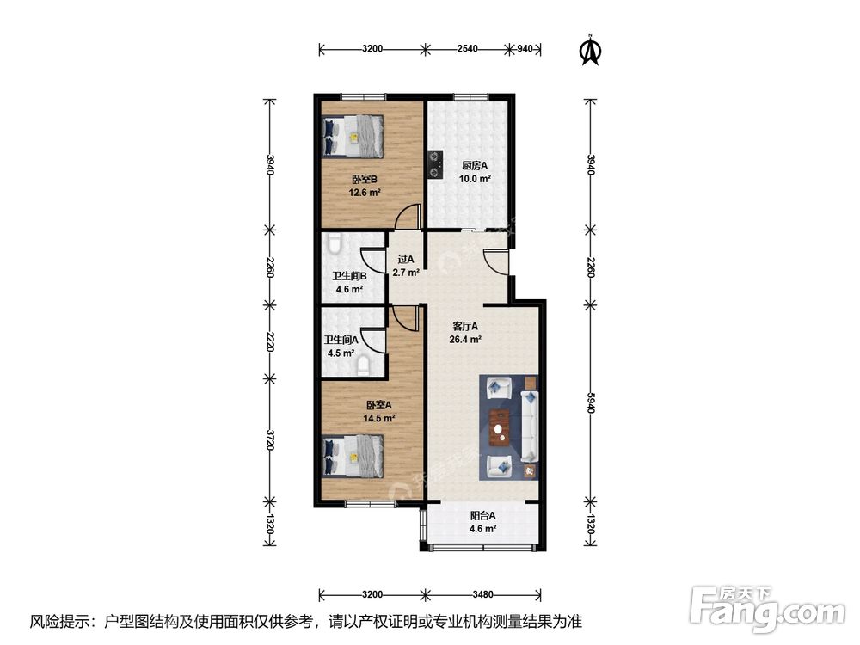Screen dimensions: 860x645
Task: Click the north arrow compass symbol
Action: coord(591,50)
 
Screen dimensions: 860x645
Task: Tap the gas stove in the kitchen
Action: coord(435,165)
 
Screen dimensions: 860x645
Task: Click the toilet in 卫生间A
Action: coord(363,365)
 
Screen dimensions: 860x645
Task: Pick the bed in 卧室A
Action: coord(353,457)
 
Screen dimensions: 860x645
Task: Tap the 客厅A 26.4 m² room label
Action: coord(465,332)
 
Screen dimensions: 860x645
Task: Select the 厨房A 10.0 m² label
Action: coord(475,172)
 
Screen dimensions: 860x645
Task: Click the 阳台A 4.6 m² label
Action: coord(482,522)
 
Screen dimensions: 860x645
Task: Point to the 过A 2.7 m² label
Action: coord(406,266)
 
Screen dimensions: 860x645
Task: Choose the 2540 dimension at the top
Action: coord(467,49)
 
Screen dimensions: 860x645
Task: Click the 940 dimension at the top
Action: coord(525,49)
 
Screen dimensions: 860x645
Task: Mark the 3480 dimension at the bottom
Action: coord(482,594)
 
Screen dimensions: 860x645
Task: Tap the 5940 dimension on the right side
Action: coord(590,402)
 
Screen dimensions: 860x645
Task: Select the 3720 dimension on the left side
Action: coord(269,439)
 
